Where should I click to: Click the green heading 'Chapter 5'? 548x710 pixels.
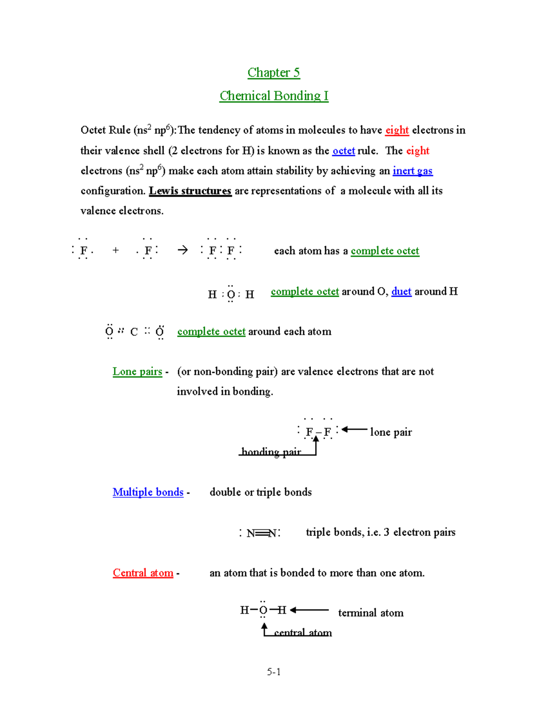pyautogui.click(x=274, y=73)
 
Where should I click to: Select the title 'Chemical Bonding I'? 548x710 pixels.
pyautogui.click(x=274, y=96)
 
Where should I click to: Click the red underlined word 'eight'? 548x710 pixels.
pyautogui.click(x=397, y=130)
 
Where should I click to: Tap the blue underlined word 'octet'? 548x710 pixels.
pyautogui.click(x=343, y=151)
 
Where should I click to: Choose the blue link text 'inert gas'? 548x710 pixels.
pyautogui.click(x=412, y=171)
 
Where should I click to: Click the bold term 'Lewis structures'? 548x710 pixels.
pyautogui.click(x=190, y=191)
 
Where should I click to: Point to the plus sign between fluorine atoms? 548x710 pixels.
pyautogui.click(x=116, y=250)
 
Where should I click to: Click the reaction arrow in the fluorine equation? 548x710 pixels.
pyautogui.click(x=183, y=250)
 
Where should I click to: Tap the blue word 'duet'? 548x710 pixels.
pyautogui.click(x=401, y=292)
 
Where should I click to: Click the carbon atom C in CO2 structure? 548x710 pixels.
pyautogui.click(x=134, y=332)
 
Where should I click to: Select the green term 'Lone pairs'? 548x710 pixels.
pyautogui.click(x=137, y=372)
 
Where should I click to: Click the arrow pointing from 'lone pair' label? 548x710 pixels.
pyautogui.click(x=354, y=429)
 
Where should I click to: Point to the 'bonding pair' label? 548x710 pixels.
pyautogui.click(x=271, y=452)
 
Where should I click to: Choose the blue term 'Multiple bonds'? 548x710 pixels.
pyautogui.click(x=148, y=492)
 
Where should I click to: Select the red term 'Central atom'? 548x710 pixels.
pyautogui.click(x=143, y=573)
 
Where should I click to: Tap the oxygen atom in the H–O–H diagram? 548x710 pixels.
pyautogui.click(x=263, y=610)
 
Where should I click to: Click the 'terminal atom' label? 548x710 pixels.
pyautogui.click(x=370, y=613)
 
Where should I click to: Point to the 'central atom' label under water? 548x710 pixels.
pyautogui.click(x=303, y=633)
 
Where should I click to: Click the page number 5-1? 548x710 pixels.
pyautogui.click(x=274, y=672)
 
